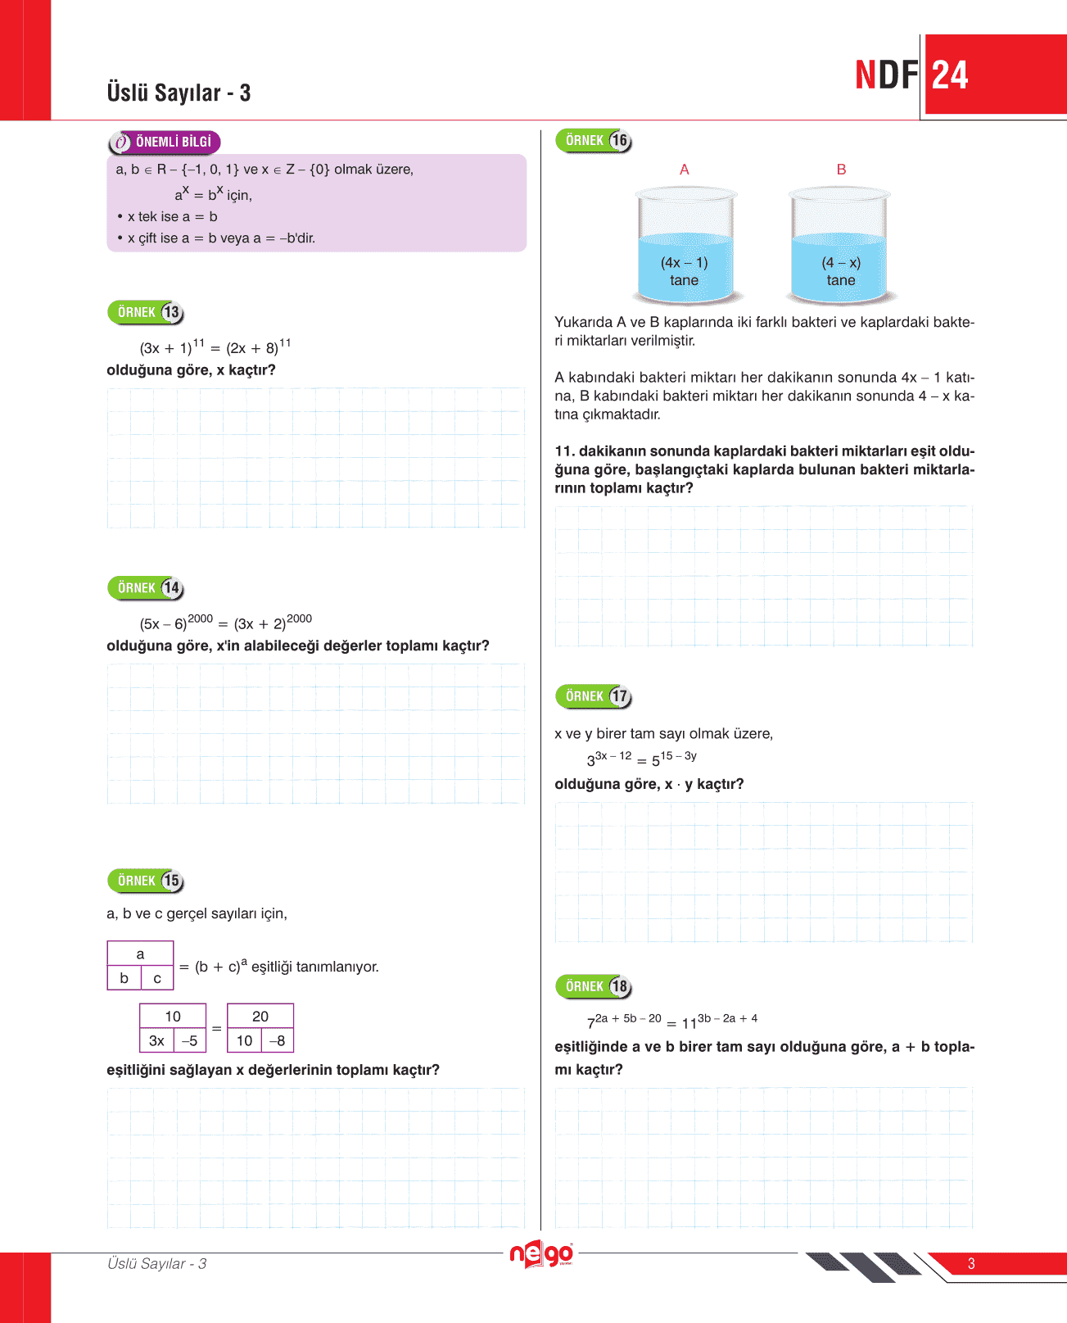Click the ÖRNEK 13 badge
[146, 312]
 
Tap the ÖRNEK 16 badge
[594, 141]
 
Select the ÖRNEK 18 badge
[594, 986]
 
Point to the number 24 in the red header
[950, 75]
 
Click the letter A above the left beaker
[685, 170]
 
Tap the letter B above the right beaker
[841, 170]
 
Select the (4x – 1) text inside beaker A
[685, 263]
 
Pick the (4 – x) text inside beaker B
[841, 263]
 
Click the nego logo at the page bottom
[541, 1254]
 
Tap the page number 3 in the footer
[971, 1263]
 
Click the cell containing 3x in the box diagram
[156, 1040]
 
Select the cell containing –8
[278, 1040]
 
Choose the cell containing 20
[260, 1016]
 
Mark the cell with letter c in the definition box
[157, 978]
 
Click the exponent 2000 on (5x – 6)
[201, 618]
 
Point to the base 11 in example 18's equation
[689, 1023]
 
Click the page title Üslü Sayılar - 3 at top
[179, 93]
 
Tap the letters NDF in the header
[887, 75]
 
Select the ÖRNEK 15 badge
[146, 881]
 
